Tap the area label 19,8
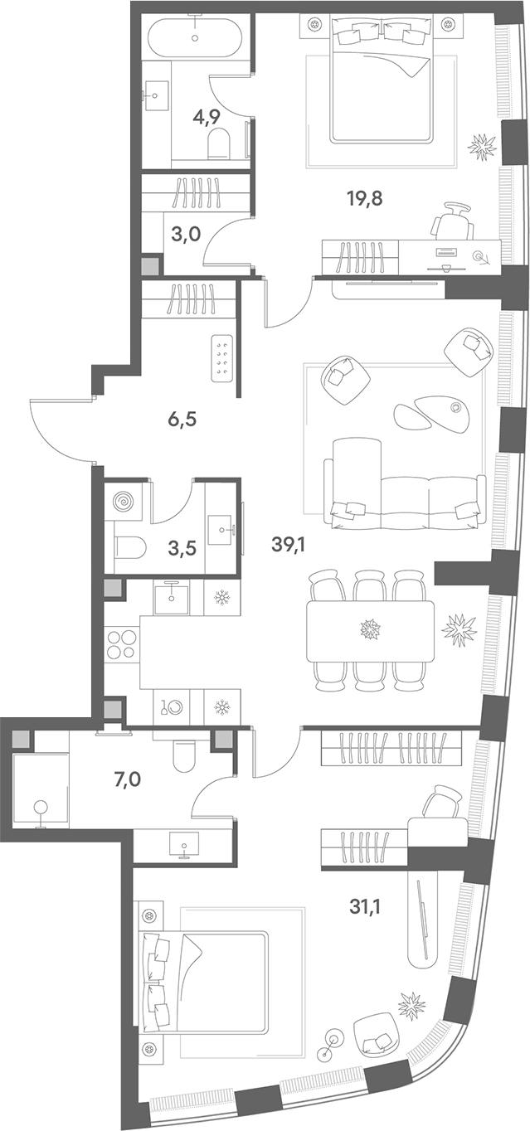pos(364,198)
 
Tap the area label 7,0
pos(127,780)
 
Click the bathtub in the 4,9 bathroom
pos(194,32)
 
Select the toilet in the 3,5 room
pos(130,546)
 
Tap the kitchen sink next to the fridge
pos(172,597)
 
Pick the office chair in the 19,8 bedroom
pos(452,221)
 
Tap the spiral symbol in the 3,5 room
pos(124,502)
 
